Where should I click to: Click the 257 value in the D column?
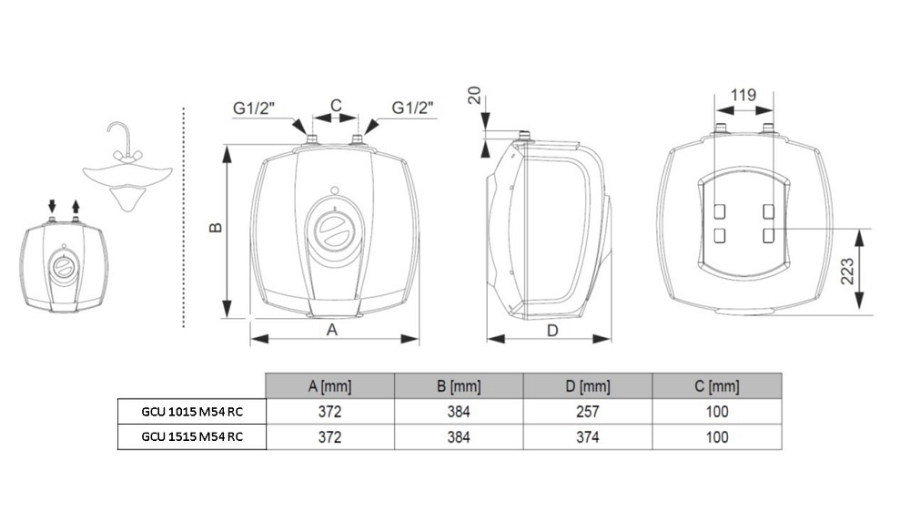click(587, 412)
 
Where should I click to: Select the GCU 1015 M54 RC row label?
click(192, 412)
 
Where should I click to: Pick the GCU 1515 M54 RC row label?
click(192, 436)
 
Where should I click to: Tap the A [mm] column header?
click(329, 386)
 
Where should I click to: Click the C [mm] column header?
click(717, 386)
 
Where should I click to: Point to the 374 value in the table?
click(587, 437)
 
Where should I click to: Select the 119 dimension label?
click(743, 95)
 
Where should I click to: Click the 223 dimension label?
click(847, 271)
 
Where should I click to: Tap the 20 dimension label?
click(474, 95)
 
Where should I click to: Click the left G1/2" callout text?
click(254, 108)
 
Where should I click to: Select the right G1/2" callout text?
click(412, 108)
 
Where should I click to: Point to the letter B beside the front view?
click(216, 227)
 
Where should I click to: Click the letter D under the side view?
click(552, 331)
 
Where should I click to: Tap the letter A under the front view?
click(332, 330)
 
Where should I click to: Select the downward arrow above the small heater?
click(52, 206)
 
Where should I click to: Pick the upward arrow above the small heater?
click(76, 206)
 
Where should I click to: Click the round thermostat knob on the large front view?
click(335, 229)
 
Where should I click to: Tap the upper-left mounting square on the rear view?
click(720, 211)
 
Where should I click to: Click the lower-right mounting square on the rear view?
click(768, 235)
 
